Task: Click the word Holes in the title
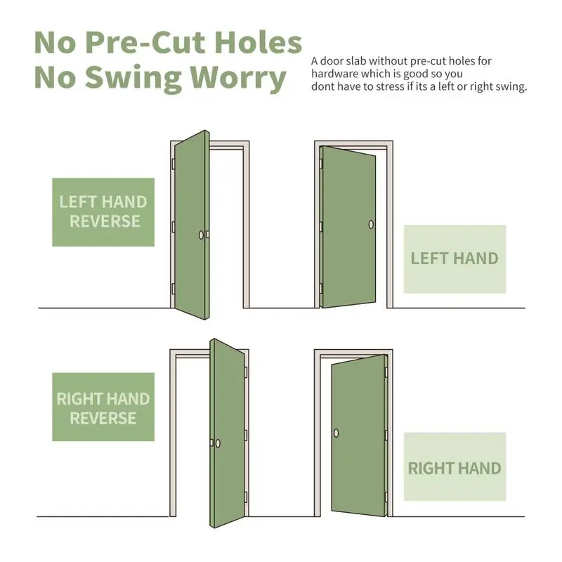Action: (x=258, y=42)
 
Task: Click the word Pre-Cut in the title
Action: (x=146, y=42)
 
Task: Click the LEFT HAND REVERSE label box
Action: (x=103, y=212)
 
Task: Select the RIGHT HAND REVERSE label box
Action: (x=103, y=407)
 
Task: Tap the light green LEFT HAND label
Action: (x=455, y=259)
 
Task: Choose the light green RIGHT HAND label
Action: (x=455, y=466)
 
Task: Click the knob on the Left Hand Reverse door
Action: (x=201, y=235)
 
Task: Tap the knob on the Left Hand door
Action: (x=371, y=225)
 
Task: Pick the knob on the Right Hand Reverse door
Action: (x=218, y=444)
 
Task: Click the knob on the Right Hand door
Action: (x=336, y=433)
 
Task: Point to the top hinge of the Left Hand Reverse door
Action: (x=174, y=164)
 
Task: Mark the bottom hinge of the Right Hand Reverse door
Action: (x=246, y=497)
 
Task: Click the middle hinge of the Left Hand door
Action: (x=321, y=227)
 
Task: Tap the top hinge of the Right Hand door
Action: (x=386, y=372)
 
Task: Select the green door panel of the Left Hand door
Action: (x=348, y=226)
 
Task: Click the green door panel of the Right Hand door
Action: (x=358, y=436)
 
